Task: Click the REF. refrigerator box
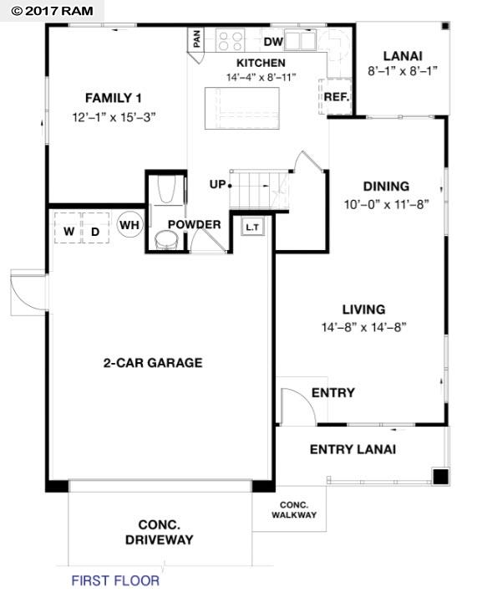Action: pos(336,95)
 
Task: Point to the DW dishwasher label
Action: pos(273,41)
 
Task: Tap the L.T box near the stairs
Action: pos(252,226)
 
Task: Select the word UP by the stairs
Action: pos(217,184)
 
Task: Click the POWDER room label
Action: pos(194,224)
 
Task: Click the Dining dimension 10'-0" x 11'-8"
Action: pos(386,203)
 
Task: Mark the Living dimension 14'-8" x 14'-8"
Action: pos(363,327)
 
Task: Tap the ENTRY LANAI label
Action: pos(353,449)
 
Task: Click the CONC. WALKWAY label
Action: pos(294,509)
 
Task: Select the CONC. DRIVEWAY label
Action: pos(159,533)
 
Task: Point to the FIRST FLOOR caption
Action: pos(115,580)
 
